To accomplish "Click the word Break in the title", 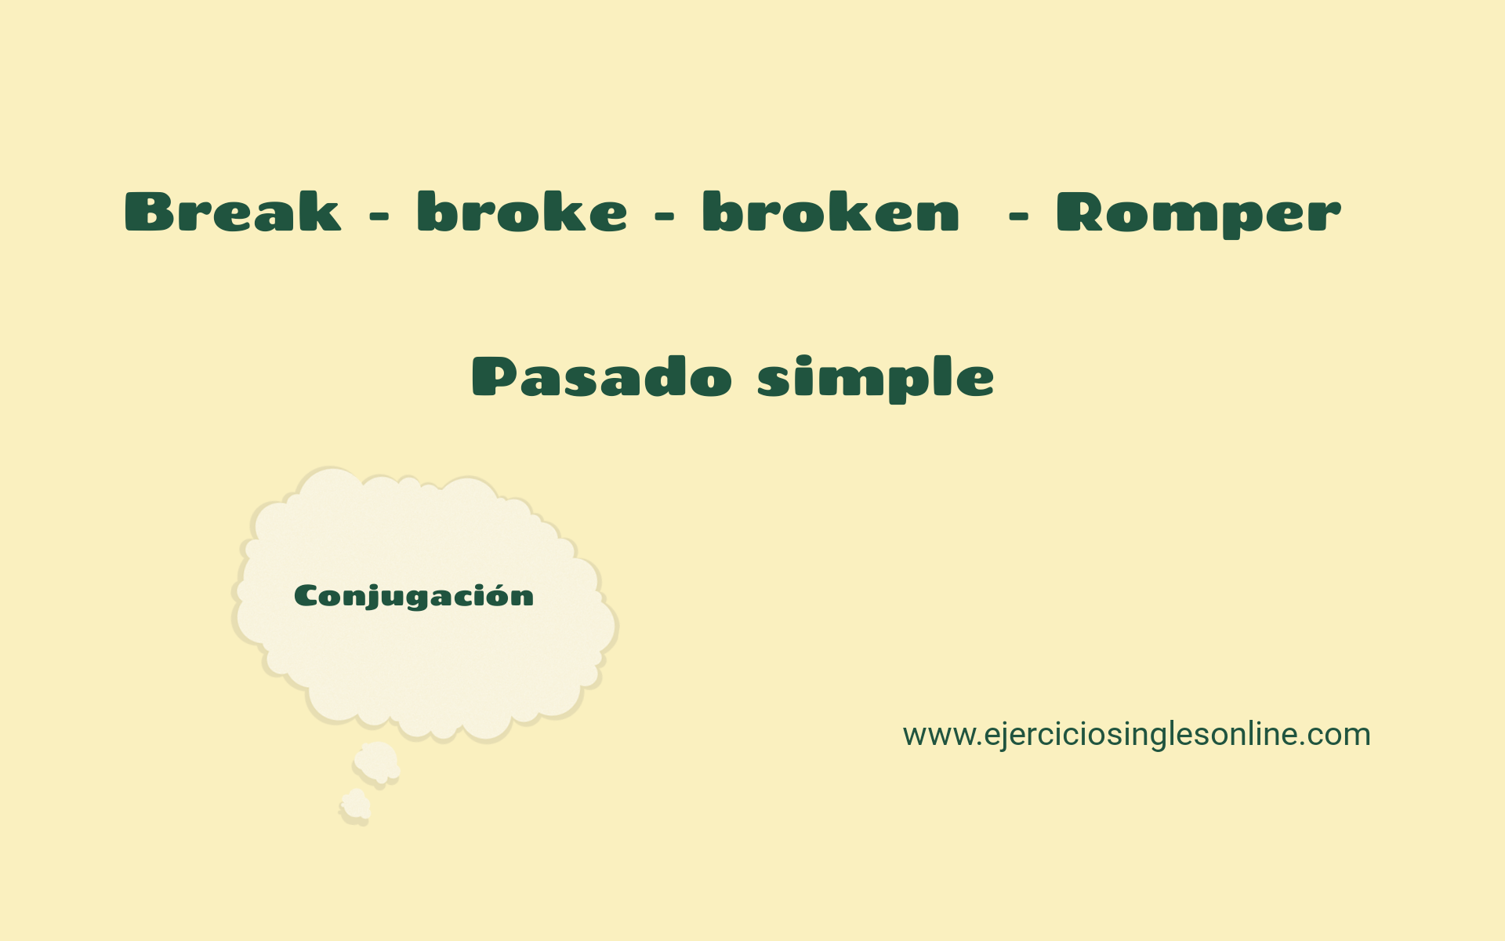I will (233, 212).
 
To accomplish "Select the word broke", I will (522, 212).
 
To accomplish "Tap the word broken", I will (831, 212).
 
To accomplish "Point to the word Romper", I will (1199, 213).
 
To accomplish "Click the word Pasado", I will (602, 376).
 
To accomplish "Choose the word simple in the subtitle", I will (876, 378).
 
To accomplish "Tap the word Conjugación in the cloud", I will (414, 596).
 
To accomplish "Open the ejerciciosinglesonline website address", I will (1137, 735).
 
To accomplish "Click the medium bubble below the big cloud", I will (377, 763).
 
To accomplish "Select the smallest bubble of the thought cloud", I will (355, 806).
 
